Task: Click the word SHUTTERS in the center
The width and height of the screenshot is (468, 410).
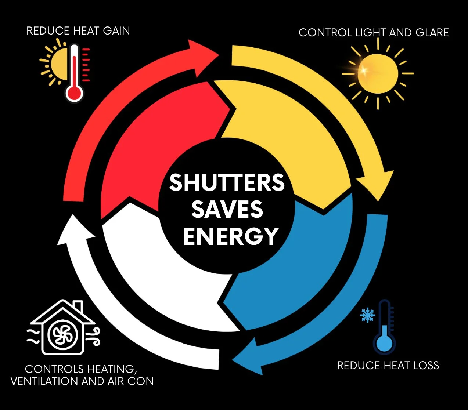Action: (227, 182)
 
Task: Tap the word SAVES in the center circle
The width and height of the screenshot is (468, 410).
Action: (227, 209)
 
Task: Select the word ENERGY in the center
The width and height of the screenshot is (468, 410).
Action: (231, 236)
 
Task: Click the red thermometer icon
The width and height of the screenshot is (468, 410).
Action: (75, 73)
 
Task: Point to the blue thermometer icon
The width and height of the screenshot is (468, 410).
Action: (384, 329)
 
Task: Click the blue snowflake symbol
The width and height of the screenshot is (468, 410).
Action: (367, 315)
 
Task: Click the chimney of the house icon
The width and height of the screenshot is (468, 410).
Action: (78, 306)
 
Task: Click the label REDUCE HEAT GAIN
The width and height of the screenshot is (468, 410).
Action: (78, 30)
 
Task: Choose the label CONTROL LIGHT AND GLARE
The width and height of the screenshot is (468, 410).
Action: (374, 33)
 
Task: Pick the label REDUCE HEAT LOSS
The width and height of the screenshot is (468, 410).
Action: (388, 366)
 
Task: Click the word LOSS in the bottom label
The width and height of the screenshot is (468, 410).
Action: (426, 366)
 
